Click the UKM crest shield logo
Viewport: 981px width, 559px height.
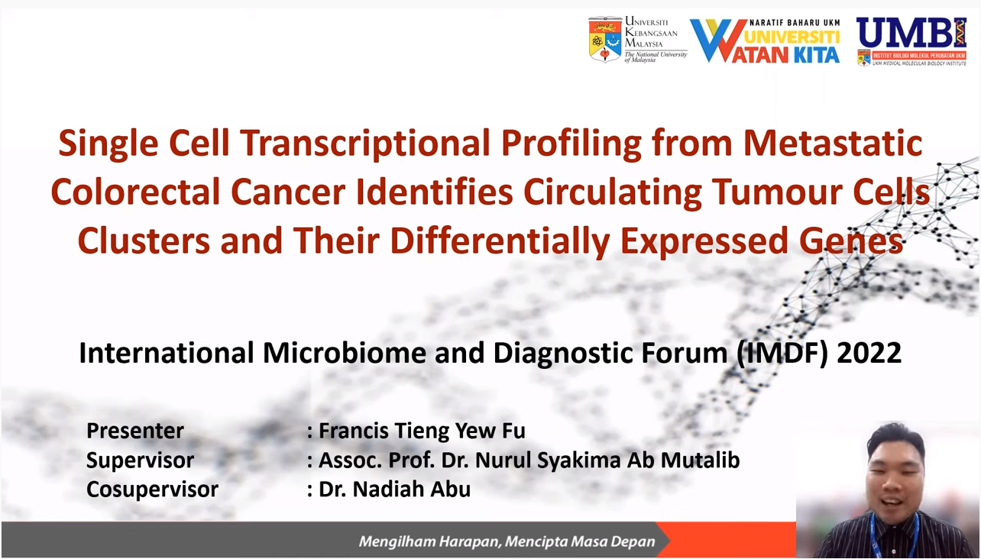click(x=605, y=40)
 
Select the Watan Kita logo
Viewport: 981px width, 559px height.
click(x=765, y=40)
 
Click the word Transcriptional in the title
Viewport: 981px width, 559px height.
click(x=364, y=143)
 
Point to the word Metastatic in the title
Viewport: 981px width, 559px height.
click(x=833, y=143)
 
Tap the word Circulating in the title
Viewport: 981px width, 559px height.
click(x=612, y=192)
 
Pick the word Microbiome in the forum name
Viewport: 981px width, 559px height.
click(x=345, y=353)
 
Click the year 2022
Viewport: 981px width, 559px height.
click(x=869, y=353)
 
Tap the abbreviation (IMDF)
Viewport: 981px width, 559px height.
click(x=782, y=353)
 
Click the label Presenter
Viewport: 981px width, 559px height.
click(x=135, y=431)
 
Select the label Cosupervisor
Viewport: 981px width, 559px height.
click(x=152, y=490)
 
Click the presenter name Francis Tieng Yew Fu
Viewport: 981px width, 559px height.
click(x=421, y=431)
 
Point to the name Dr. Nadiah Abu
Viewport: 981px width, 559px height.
click(x=394, y=489)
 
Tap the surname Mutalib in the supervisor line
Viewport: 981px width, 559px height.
click(x=700, y=460)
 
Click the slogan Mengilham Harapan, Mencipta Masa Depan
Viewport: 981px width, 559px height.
click(x=507, y=542)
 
